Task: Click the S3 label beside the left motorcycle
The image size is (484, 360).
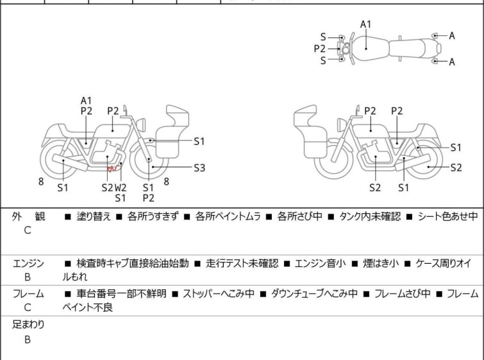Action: click(x=199, y=168)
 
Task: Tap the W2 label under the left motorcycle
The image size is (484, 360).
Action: click(x=121, y=187)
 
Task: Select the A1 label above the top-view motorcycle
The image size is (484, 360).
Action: click(x=365, y=24)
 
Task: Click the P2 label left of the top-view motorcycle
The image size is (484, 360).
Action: click(x=319, y=48)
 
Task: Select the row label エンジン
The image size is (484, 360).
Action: click(x=29, y=263)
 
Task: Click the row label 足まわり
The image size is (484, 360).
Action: click(x=28, y=324)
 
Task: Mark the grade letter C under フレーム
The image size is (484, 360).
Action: click(x=28, y=308)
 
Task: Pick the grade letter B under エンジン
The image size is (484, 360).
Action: click(x=28, y=278)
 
